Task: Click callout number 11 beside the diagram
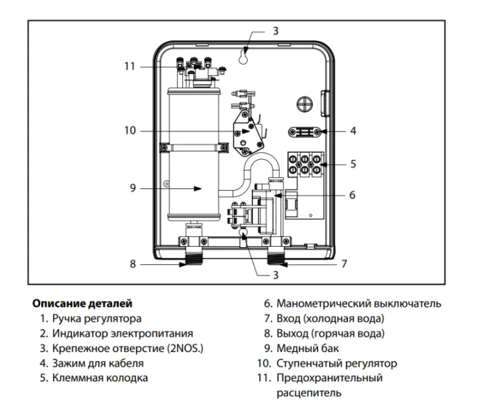pyautogui.click(x=130, y=66)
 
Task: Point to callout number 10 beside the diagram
pyautogui.click(x=130, y=130)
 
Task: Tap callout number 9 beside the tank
pyautogui.click(x=133, y=188)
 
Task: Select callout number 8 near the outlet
pyautogui.click(x=133, y=264)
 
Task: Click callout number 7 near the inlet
pyautogui.click(x=344, y=264)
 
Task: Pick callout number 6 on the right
pyautogui.click(x=352, y=195)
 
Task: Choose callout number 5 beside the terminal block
pyautogui.click(x=353, y=163)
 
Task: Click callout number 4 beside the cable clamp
pyautogui.click(x=353, y=131)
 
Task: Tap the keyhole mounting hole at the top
pyautogui.click(x=243, y=57)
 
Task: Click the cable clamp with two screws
pyautogui.click(x=304, y=132)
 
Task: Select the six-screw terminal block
pyautogui.click(x=305, y=164)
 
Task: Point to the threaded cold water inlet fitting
pyautogui.click(x=275, y=255)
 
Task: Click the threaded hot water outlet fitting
pyautogui.click(x=194, y=255)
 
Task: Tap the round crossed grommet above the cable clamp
pyautogui.click(x=304, y=105)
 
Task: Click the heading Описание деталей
pyautogui.click(x=83, y=304)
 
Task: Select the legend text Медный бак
pyautogui.click(x=307, y=348)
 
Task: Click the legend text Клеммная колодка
pyautogui.click(x=100, y=378)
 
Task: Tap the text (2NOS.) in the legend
pyautogui.click(x=185, y=348)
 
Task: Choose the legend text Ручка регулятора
pyautogui.click(x=97, y=319)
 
